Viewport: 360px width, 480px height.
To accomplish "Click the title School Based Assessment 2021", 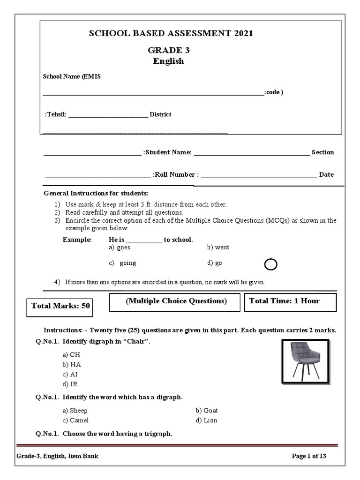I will [x=168, y=33].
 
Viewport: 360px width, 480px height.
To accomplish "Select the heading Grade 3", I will [x=168, y=51].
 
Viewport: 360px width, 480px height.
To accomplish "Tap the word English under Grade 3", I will [x=168, y=61].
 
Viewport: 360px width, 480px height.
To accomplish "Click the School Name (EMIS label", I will [x=72, y=77].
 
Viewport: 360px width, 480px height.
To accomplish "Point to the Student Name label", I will [x=167, y=152].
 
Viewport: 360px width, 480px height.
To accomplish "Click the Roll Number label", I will [x=176, y=175].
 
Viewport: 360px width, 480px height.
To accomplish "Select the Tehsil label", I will [x=56, y=114].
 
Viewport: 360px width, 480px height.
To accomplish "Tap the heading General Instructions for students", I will [x=96, y=193].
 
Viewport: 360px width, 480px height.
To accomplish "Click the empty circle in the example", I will [x=270, y=265].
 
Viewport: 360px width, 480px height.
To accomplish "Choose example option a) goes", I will [x=120, y=247].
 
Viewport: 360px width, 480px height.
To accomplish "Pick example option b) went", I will [x=218, y=247].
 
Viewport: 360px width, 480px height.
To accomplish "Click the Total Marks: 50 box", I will [x=60, y=306].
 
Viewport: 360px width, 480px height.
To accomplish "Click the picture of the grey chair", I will [x=305, y=360].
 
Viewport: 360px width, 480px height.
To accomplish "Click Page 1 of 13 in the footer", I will [x=312, y=456].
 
